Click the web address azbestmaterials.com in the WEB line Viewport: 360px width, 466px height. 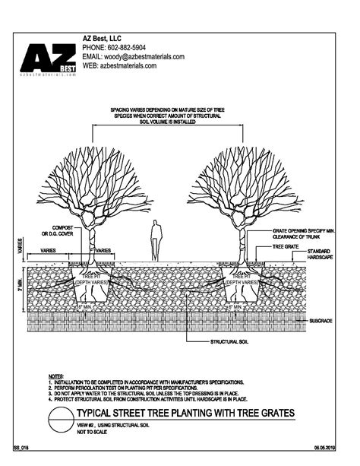pyautogui.click(x=128, y=66)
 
